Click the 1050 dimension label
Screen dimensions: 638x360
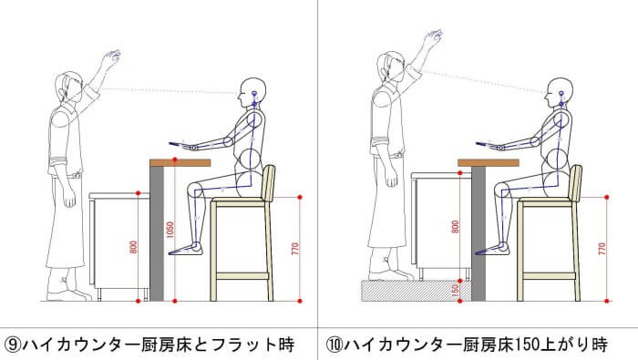click(x=170, y=230)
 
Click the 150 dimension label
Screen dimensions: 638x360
click(x=456, y=291)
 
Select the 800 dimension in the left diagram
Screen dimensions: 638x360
click(x=134, y=247)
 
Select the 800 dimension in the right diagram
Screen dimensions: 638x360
click(x=456, y=227)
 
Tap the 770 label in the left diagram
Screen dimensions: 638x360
click(x=295, y=249)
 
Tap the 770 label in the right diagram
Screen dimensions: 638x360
click(x=602, y=249)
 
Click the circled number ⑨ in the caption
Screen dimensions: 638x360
click(x=13, y=345)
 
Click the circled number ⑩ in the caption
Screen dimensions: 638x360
click(x=334, y=345)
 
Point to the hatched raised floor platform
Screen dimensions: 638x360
click(x=417, y=291)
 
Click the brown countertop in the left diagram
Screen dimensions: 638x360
click(x=180, y=163)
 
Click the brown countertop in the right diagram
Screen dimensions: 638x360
click(x=488, y=163)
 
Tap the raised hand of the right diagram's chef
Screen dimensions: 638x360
click(x=433, y=37)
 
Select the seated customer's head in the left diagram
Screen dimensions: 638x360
click(x=252, y=93)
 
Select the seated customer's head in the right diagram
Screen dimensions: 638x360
click(x=560, y=93)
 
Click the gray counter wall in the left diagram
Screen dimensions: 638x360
click(x=157, y=234)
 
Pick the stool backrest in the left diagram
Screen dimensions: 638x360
click(x=269, y=182)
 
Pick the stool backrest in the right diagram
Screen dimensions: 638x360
click(x=576, y=182)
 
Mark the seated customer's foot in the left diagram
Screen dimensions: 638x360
click(x=185, y=249)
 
